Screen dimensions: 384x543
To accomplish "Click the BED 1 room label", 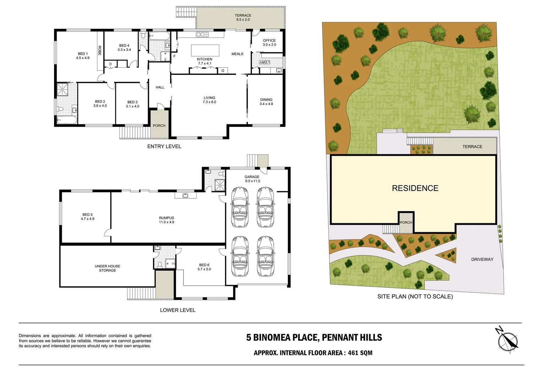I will click(x=82, y=56).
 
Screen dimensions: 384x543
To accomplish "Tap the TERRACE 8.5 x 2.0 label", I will click(x=243, y=17).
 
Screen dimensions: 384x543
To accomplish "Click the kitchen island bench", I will click(x=205, y=50).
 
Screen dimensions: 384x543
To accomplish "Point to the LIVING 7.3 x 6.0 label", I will click(x=209, y=100).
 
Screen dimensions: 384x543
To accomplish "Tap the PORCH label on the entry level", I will click(x=159, y=126).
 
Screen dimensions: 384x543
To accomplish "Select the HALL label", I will click(x=160, y=87).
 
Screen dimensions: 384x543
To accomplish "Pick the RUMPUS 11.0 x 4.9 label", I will click(x=166, y=220).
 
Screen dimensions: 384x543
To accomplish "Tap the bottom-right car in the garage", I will click(x=266, y=257).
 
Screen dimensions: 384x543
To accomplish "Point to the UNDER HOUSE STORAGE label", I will click(x=107, y=268).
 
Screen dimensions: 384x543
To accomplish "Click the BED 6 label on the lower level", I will click(x=204, y=267).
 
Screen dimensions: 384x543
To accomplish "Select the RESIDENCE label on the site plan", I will click(x=415, y=188).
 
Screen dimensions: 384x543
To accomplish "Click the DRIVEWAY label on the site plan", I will click(x=482, y=259).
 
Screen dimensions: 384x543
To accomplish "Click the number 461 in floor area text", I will click(x=353, y=353).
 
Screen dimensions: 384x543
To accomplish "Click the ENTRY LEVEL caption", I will click(x=164, y=146).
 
